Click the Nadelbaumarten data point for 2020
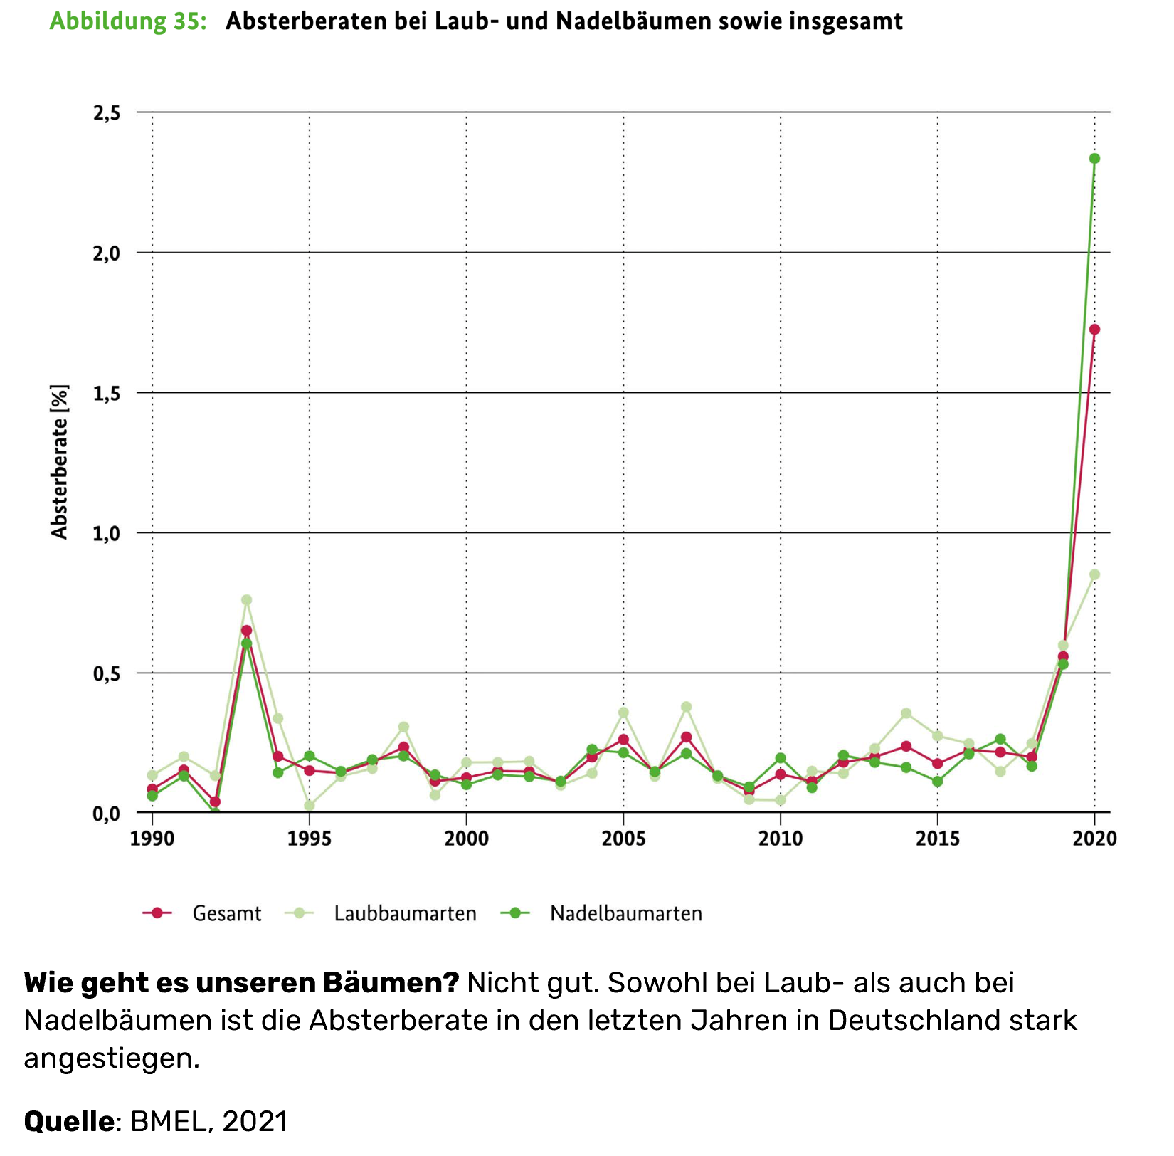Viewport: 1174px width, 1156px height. [1094, 159]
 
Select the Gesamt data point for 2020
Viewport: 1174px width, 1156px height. [1094, 330]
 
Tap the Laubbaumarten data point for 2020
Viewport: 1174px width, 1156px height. [1094, 574]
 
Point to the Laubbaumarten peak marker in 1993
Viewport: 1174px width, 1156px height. [246, 600]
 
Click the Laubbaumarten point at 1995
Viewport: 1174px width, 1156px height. [310, 806]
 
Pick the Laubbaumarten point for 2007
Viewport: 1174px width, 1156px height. [686, 707]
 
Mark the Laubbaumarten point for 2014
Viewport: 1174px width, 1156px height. [906, 713]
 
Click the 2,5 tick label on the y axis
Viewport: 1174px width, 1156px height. [107, 113]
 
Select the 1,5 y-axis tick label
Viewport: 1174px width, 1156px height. [107, 394]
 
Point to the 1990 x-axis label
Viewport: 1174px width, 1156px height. [152, 839]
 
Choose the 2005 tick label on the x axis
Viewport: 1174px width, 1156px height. [623, 839]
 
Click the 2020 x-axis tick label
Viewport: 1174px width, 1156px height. [1094, 839]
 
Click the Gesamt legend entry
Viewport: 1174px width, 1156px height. [226, 913]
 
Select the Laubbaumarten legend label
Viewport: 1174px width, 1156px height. [405, 913]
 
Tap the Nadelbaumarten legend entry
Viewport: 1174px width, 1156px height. [625, 913]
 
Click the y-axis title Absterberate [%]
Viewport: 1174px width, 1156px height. [60, 462]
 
